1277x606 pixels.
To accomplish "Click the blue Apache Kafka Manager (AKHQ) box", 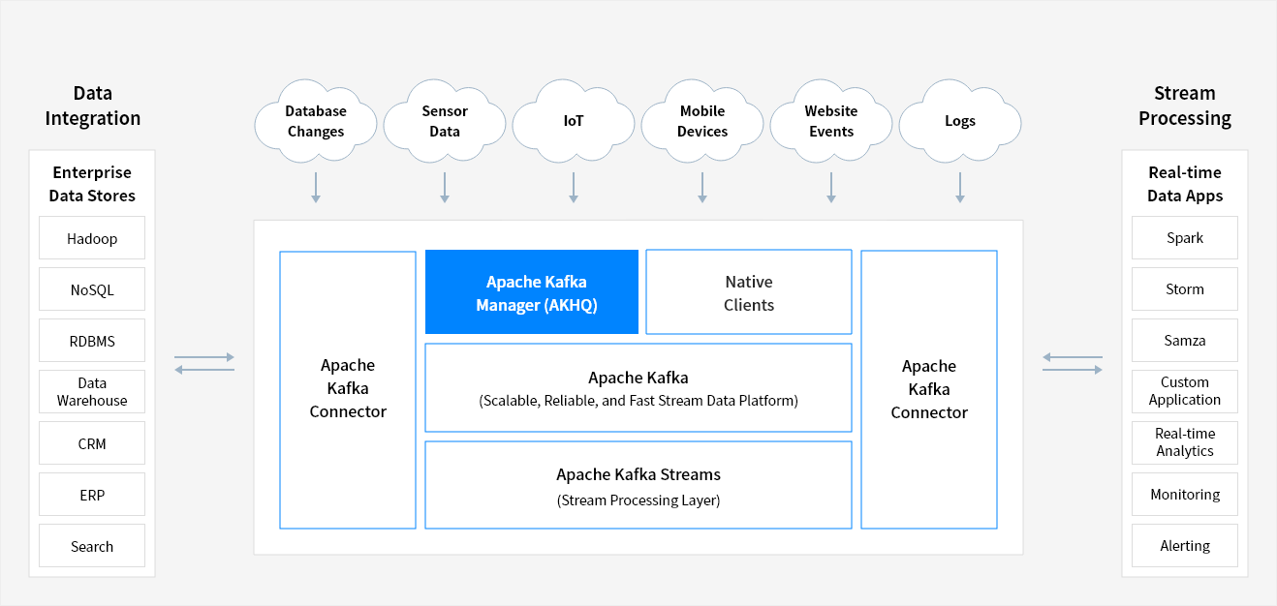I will [x=532, y=292].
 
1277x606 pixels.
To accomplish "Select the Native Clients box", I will [x=749, y=292].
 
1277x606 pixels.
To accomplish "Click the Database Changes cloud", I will [x=316, y=121].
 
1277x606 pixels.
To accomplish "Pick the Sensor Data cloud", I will [x=445, y=121].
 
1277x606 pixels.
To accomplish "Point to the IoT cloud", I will [x=574, y=121].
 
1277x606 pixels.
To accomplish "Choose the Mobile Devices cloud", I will [x=702, y=121].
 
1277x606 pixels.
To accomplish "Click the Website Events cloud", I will [x=831, y=121].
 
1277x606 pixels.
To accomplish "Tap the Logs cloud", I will [x=960, y=121].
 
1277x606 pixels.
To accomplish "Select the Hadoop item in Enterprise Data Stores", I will [x=92, y=238].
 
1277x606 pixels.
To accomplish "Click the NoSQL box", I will [x=92, y=289].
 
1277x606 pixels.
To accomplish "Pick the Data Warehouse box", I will [x=92, y=392].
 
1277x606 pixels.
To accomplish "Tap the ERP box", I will [x=92, y=495].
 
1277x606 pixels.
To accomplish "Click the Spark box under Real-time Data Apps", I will [x=1185, y=238].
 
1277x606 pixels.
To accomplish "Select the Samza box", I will [x=1185, y=341].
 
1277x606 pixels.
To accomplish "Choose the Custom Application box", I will [x=1185, y=391].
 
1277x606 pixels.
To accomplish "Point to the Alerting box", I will [x=1185, y=545].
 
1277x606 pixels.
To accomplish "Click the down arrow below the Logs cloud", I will [x=960, y=188].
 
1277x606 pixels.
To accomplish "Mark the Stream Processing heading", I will [x=1185, y=106].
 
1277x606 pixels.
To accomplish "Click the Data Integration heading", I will [x=93, y=106].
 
